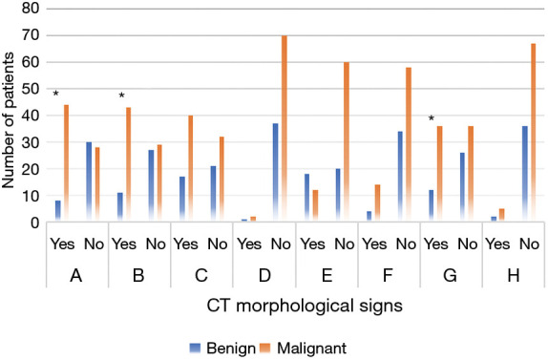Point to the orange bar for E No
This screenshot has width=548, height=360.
346,142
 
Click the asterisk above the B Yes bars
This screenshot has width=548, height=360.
122,96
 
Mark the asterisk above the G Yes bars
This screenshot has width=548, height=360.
431,119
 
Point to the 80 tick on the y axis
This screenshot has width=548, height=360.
34,9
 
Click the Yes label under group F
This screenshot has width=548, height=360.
369,244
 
